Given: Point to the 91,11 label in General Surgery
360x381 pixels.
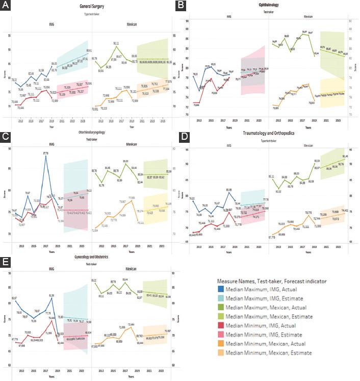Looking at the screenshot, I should pos(116,43).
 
